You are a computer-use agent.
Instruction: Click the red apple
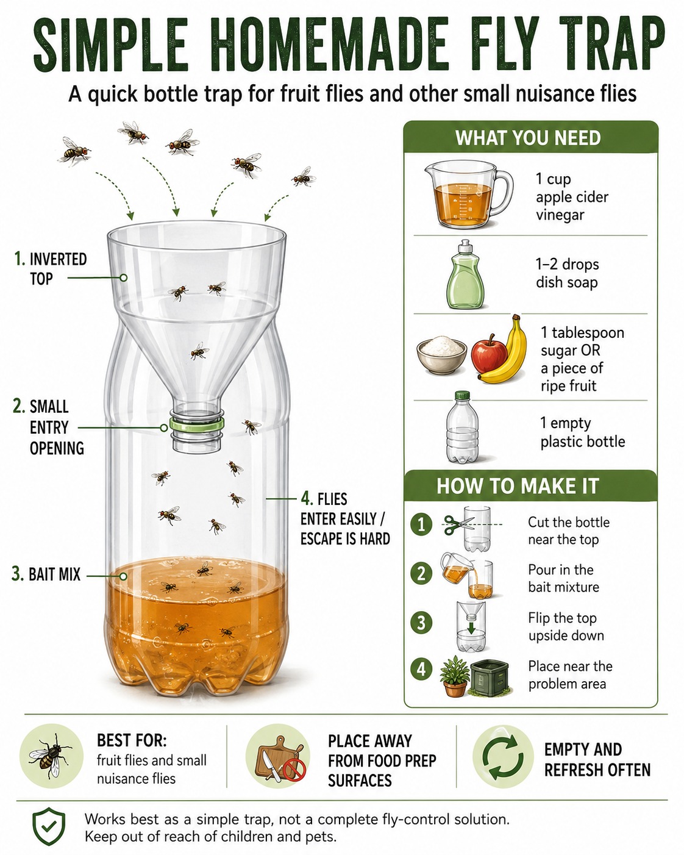point(489,354)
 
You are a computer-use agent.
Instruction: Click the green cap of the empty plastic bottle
point(462,396)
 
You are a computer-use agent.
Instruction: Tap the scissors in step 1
point(458,524)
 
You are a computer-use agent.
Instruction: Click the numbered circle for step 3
point(421,622)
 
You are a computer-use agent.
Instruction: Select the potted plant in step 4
point(455,676)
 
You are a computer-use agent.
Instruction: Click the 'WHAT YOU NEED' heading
point(528,138)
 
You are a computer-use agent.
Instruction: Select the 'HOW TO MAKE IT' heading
point(518,485)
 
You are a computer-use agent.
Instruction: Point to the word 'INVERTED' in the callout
point(59,259)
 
